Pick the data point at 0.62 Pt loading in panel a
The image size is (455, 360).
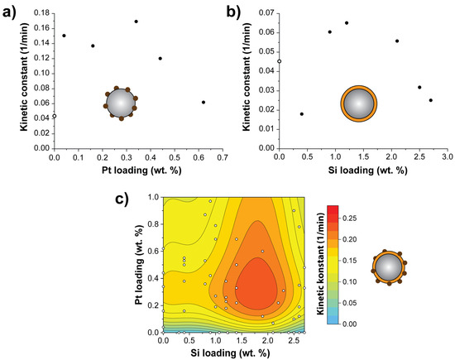coord(204,102)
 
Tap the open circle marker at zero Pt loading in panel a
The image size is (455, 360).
coord(55,116)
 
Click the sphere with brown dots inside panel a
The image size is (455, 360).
coord(121,103)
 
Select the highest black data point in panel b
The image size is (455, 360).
coord(347,23)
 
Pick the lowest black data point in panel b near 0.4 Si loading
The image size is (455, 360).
coord(301,114)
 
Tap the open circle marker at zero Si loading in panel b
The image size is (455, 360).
coord(280,61)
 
